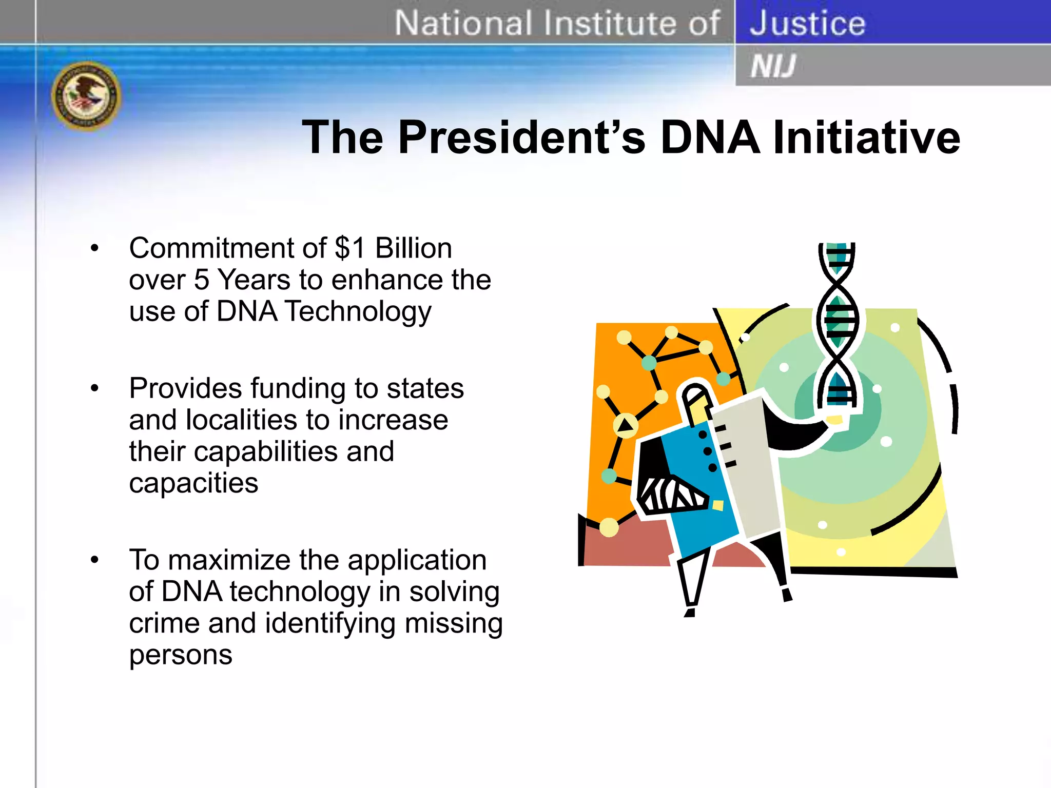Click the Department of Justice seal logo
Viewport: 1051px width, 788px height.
pyautogui.click(x=86, y=96)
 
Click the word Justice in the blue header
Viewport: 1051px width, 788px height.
pyautogui.click(x=807, y=24)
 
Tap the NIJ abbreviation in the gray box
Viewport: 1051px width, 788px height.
pyautogui.click(x=773, y=66)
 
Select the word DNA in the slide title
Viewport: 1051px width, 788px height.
pyautogui.click(x=710, y=137)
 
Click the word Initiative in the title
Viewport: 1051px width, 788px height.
pyautogui.click(x=866, y=137)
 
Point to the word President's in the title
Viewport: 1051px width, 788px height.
pyautogui.click(x=521, y=137)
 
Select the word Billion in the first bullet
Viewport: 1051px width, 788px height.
pyautogui.click(x=414, y=248)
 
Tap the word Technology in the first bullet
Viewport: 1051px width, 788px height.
pyautogui.click(x=358, y=312)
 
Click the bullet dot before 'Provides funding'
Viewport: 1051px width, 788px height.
pyautogui.click(x=94, y=388)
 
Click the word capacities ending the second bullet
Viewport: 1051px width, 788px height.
pyautogui.click(x=193, y=483)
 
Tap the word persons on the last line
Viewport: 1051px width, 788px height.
pyautogui.click(x=181, y=655)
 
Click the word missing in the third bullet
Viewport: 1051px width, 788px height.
pyautogui.click(x=454, y=623)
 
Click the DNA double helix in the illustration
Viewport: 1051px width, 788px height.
pyautogui.click(x=838, y=323)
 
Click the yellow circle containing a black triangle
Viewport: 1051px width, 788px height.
pyautogui.click(x=626, y=425)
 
